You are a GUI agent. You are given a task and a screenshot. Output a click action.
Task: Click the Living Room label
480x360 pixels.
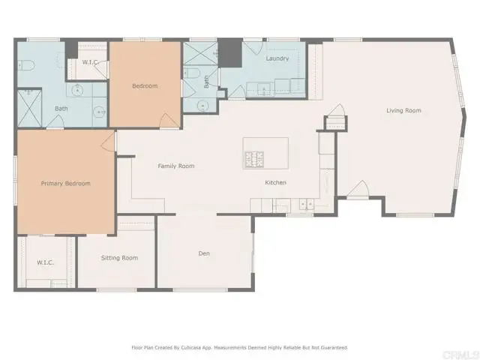click(403, 111)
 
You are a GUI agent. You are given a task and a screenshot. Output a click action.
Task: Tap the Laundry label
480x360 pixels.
click(277, 58)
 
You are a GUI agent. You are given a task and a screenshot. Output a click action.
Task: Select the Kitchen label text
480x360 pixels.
click(275, 183)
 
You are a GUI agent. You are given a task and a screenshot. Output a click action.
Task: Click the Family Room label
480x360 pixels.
click(176, 166)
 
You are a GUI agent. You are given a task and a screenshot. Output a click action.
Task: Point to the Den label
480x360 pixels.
click(204, 253)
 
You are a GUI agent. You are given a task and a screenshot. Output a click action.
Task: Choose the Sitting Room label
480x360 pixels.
click(120, 258)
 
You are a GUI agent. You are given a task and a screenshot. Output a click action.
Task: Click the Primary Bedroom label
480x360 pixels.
click(65, 184)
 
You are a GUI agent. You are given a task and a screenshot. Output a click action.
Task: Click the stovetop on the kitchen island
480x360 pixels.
click(254, 159)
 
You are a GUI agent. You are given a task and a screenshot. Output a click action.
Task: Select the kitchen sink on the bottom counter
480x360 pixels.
click(281, 204)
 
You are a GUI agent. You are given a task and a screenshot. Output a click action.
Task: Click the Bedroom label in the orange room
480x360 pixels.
click(145, 86)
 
